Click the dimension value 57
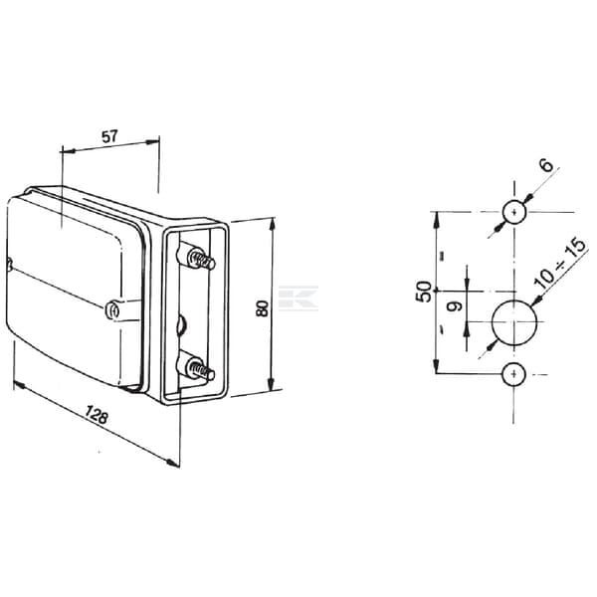click(110, 136)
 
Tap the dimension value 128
click(96, 415)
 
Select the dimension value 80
click(262, 308)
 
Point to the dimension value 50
click(424, 292)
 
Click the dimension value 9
click(455, 305)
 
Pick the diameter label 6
click(546, 165)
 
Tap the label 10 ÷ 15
click(559, 264)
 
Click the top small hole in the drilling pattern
click(514, 213)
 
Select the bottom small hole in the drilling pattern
click(514, 374)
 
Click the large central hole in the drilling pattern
click(514, 322)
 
